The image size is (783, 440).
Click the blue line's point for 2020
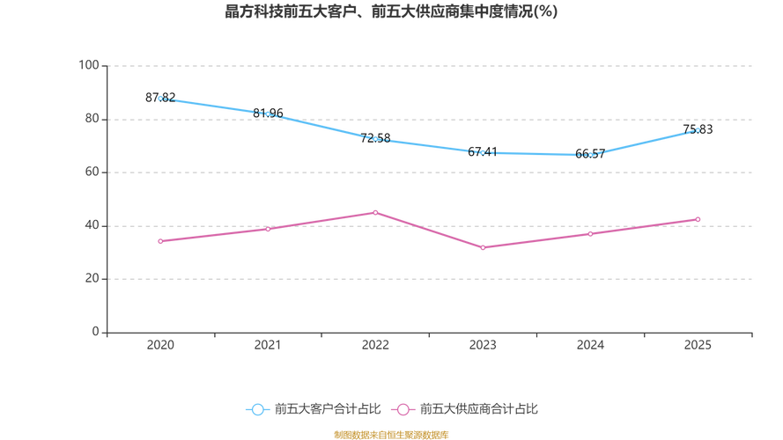click(x=161, y=99)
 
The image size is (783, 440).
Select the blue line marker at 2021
click(x=268, y=114)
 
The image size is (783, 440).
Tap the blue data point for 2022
click(x=375, y=138)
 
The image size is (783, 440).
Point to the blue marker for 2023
click(x=483, y=152)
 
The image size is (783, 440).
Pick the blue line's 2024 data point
click(x=590, y=155)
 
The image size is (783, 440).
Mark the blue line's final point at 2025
click(x=698, y=131)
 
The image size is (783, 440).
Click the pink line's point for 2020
click(x=161, y=241)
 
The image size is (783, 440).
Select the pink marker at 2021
click(x=268, y=229)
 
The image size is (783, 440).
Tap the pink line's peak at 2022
click(x=375, y=212)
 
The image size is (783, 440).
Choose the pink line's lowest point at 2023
click(x=483, y=248)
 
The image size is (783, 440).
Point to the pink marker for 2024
click(x=590, y=234)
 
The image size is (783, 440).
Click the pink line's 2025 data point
click(x=698, y=218)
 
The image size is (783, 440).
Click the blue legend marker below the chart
click(x=257, y=409)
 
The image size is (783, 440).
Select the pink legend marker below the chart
click(x=403, y=409)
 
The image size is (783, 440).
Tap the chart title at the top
click(x=391, y=12)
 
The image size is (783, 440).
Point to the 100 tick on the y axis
click(x=90, y=65)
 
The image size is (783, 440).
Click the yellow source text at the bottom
click(x=391, y=434)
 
